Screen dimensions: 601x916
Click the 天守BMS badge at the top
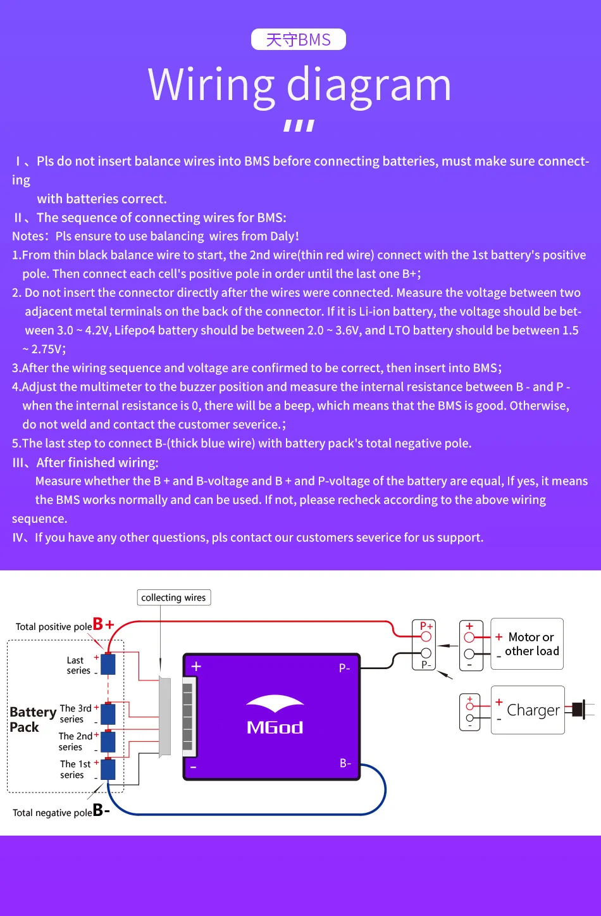(x=298, y=39)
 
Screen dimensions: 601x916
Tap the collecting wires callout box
(x=173, y=598)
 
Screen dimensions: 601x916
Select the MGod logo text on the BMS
(x=275, y=727)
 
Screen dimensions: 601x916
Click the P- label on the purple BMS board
(x=344, y=668)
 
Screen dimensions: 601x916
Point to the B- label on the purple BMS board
(x=345, y=763)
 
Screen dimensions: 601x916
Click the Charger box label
(x=533, y=710)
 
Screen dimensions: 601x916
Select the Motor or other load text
(x=531, y=644)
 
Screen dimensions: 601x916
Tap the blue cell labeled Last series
(x=108, y=664)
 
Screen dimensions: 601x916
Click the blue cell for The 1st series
(x=108, y=769)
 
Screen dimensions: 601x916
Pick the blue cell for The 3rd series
(x=108, y=713)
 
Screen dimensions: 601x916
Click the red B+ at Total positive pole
(x=103, y=624)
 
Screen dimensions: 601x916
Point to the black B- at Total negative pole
(x=101, y=810)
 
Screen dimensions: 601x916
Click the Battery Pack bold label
(x=33, y=719)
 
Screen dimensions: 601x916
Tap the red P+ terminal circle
(x=426, y=637)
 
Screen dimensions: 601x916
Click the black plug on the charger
(x=578, y=710)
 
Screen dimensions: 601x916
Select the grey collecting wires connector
(x=164, y=717)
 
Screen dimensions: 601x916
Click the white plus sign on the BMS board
(x=196, y=667)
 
